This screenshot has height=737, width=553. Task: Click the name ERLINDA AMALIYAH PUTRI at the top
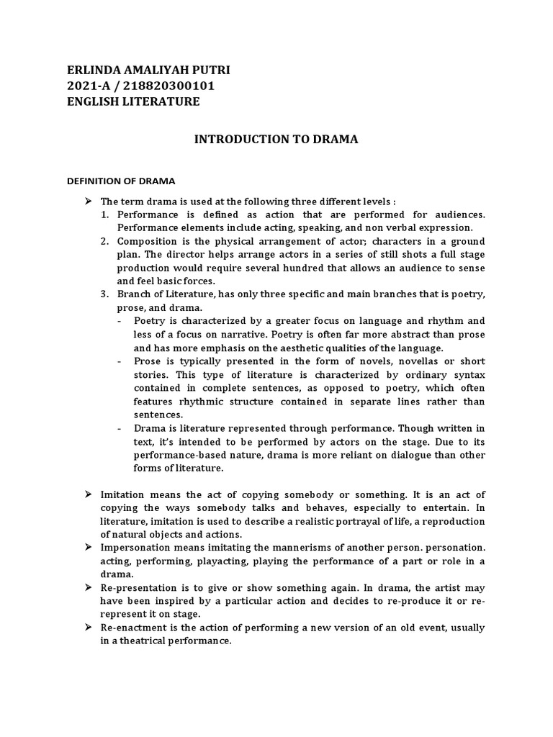[148, 70]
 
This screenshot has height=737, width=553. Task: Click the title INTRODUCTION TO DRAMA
[276, 139]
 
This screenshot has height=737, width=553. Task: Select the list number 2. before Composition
[104, 240]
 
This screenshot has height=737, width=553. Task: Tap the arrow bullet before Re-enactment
[89, 628]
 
